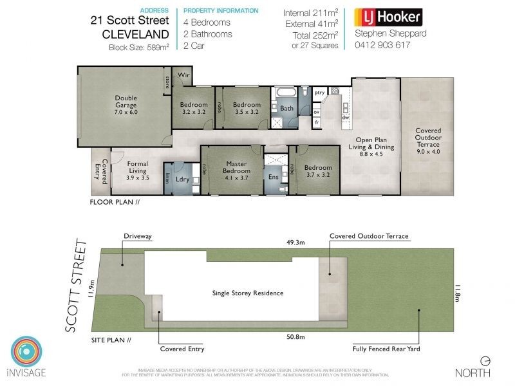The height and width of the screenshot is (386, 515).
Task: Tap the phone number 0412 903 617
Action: click(x=382, y=45)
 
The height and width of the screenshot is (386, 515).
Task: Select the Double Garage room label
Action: click(x=126, y=105)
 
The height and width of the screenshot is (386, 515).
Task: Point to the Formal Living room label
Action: click(x=137, y=168)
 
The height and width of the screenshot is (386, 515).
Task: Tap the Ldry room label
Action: click(x=182, y=179)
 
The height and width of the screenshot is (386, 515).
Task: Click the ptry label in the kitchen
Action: click(x=319, y=93)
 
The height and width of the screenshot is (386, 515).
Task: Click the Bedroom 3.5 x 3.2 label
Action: click(x=247, y=109)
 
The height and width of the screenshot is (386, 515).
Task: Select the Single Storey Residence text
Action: click(x=248, y=293)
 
